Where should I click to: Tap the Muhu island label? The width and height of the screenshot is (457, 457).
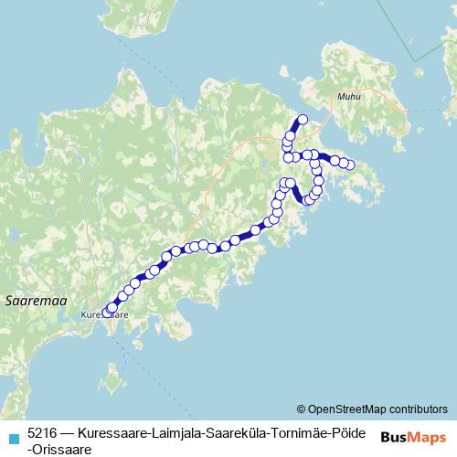pos(348,95)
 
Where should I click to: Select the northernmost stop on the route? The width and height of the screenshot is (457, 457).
pos(302,120)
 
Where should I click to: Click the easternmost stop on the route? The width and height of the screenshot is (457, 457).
pos(349,165)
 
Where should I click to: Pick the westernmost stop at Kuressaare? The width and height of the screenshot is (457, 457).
pos(107,313)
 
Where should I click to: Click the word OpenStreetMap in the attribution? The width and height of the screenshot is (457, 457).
pos(348,409)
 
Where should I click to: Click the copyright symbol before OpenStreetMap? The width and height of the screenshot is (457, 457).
pos(302,409)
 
